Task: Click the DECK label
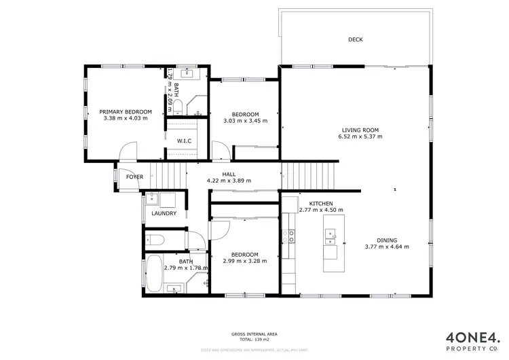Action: coord(355,39)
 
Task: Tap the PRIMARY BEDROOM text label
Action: coord(126,111)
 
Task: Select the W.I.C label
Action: coord(183,141)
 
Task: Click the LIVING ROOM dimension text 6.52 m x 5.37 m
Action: coord(360,137)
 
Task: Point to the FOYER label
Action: coord(134,177)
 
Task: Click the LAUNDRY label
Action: coord(164,213)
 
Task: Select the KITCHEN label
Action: coord(320,204)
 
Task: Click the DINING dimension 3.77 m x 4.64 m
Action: coord(387,247)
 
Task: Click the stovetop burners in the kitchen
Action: coord(291,236)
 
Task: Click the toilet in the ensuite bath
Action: coord(178,105)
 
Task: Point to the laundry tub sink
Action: coord(151,200)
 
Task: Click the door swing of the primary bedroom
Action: coord(129,151)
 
